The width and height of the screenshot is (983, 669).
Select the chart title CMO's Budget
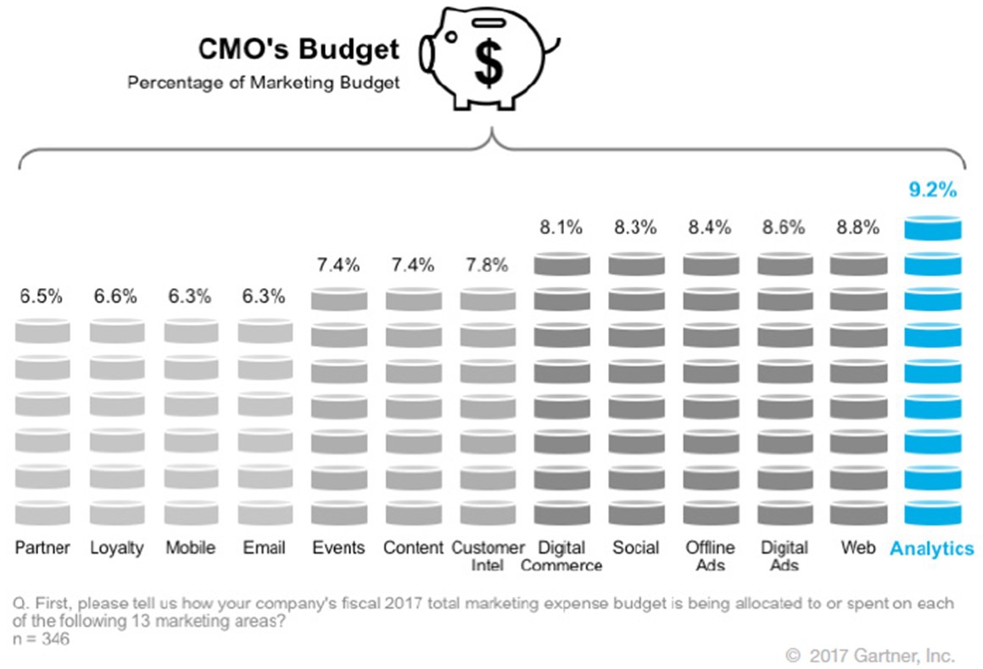pos(299,49)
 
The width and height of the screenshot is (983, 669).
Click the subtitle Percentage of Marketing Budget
pos(264,83)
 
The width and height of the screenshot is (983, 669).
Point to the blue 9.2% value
pos(933,190)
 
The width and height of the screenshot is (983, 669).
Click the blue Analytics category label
pos(932,549)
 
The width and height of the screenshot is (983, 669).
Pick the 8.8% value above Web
pos(857,227)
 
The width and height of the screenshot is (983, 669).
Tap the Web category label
pos(857,547)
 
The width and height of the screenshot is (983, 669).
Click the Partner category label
pos(42,547)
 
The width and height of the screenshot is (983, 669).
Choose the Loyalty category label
pos(117,547)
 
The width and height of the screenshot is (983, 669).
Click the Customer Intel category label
pos(488,555)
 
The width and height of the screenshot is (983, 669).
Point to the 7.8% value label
pos(487,265)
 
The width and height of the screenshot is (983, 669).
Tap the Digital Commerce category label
pos(561,555)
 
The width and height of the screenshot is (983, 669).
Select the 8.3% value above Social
pos(635,227)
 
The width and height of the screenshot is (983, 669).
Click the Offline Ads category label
pos(710,555)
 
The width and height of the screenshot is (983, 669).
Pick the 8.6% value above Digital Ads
pos(784,227)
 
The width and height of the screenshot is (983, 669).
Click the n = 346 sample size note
pos(42,638)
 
